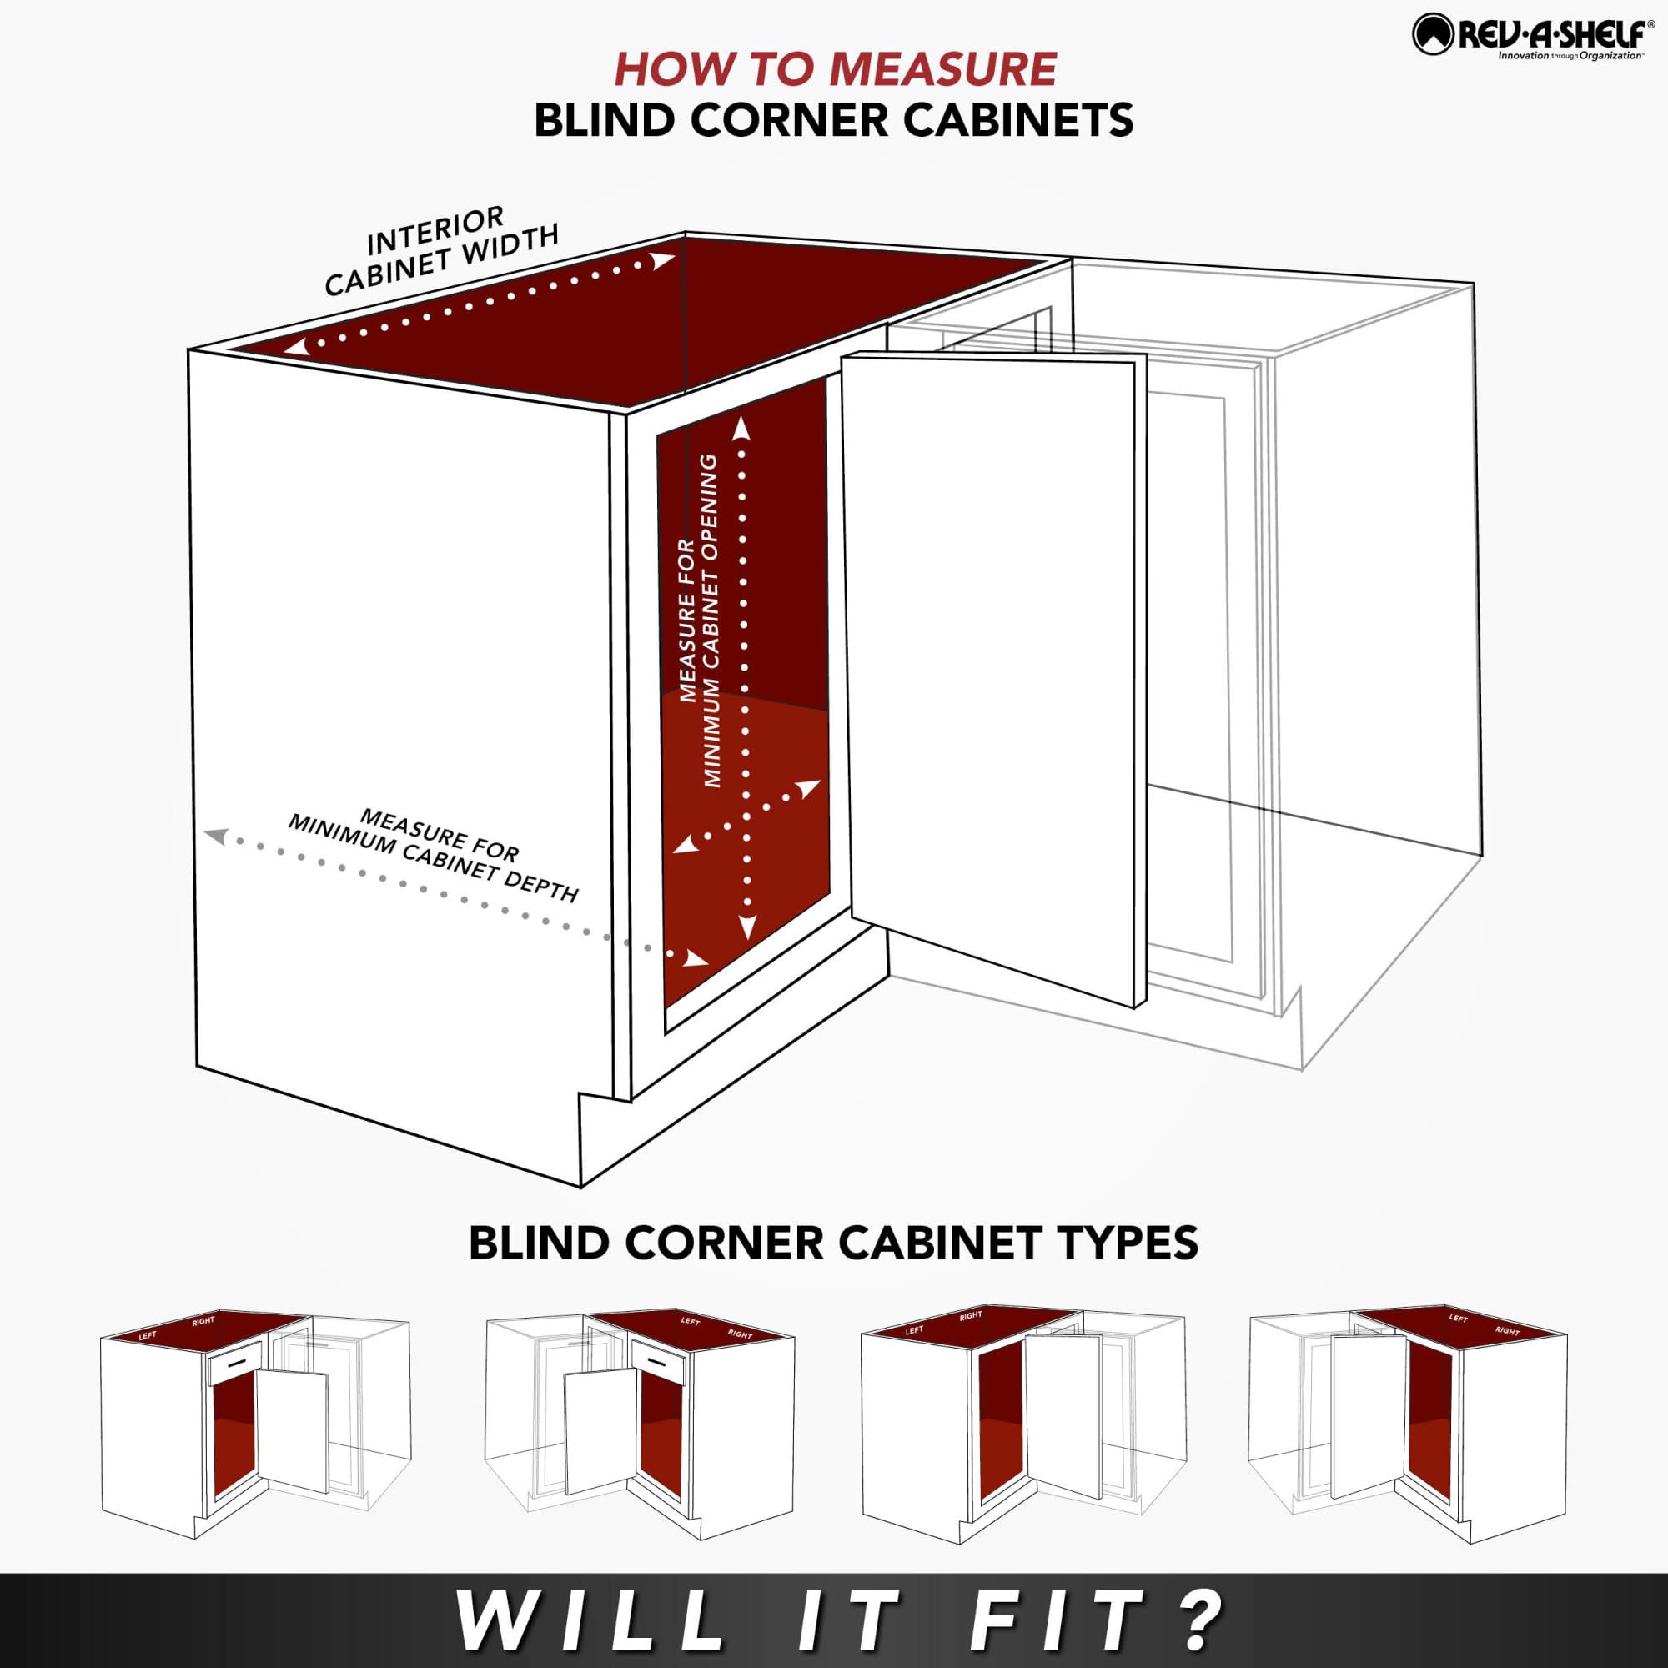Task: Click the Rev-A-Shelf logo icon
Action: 1434,35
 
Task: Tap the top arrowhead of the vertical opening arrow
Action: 741,428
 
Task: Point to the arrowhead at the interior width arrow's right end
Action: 663,259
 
